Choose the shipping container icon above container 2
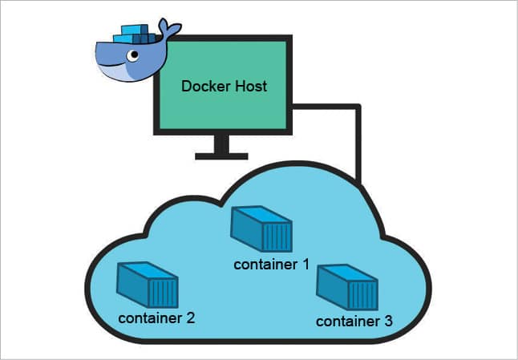[147, 282]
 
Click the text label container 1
[271, 264]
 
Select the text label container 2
[156, 317]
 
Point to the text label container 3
[354, 322]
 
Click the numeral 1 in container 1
[306, 264]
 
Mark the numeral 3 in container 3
[388, 322]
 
